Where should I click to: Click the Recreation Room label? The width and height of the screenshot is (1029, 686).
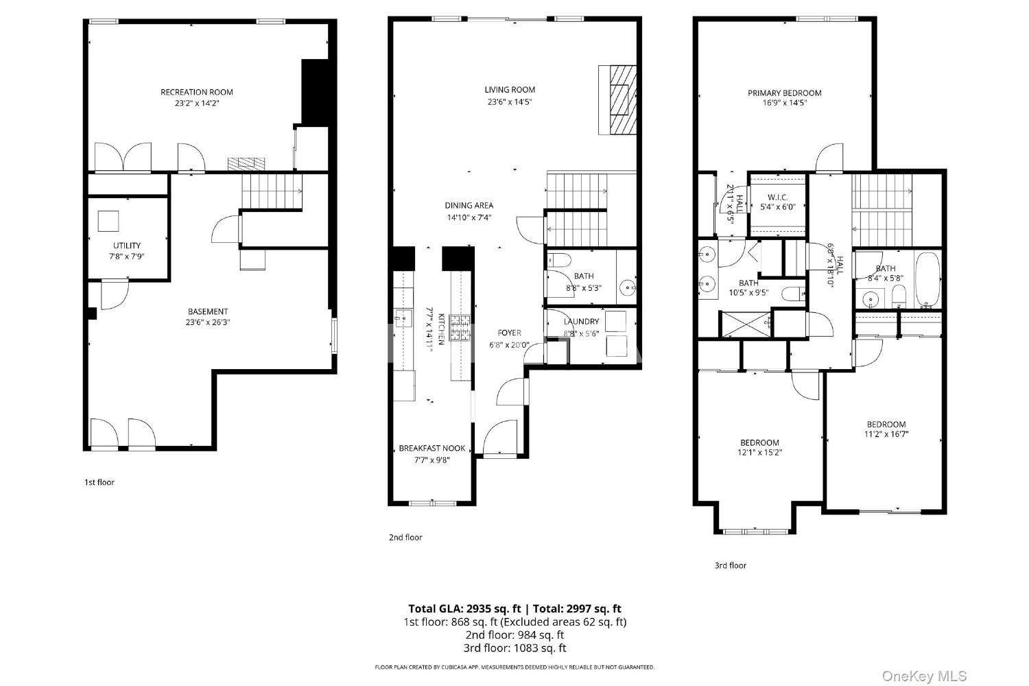197,93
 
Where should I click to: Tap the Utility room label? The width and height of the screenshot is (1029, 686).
127,246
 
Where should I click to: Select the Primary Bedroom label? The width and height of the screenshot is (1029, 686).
785,93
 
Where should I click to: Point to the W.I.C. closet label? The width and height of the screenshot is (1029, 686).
777,197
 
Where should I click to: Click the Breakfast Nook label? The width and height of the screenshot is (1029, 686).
431,449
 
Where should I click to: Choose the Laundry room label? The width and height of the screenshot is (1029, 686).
581,322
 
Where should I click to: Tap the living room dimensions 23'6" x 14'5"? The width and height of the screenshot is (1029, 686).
510,102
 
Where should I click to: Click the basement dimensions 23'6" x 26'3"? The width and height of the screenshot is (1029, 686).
208,322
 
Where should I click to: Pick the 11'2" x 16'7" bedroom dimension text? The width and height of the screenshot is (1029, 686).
886,434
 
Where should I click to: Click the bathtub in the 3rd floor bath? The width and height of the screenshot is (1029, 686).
927,279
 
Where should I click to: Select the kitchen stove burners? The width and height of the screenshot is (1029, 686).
460,327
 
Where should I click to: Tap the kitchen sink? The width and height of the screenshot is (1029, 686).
403,318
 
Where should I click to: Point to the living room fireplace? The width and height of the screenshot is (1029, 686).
617,100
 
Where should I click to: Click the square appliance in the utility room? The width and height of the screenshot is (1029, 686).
108,221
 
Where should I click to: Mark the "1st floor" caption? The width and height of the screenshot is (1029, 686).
99,482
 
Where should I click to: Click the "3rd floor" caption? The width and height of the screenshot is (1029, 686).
731,566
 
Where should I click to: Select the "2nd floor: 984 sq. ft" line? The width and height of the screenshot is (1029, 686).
514,635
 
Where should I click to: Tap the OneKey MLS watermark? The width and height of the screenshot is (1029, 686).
925,676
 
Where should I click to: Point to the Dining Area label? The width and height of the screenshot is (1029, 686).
469,206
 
